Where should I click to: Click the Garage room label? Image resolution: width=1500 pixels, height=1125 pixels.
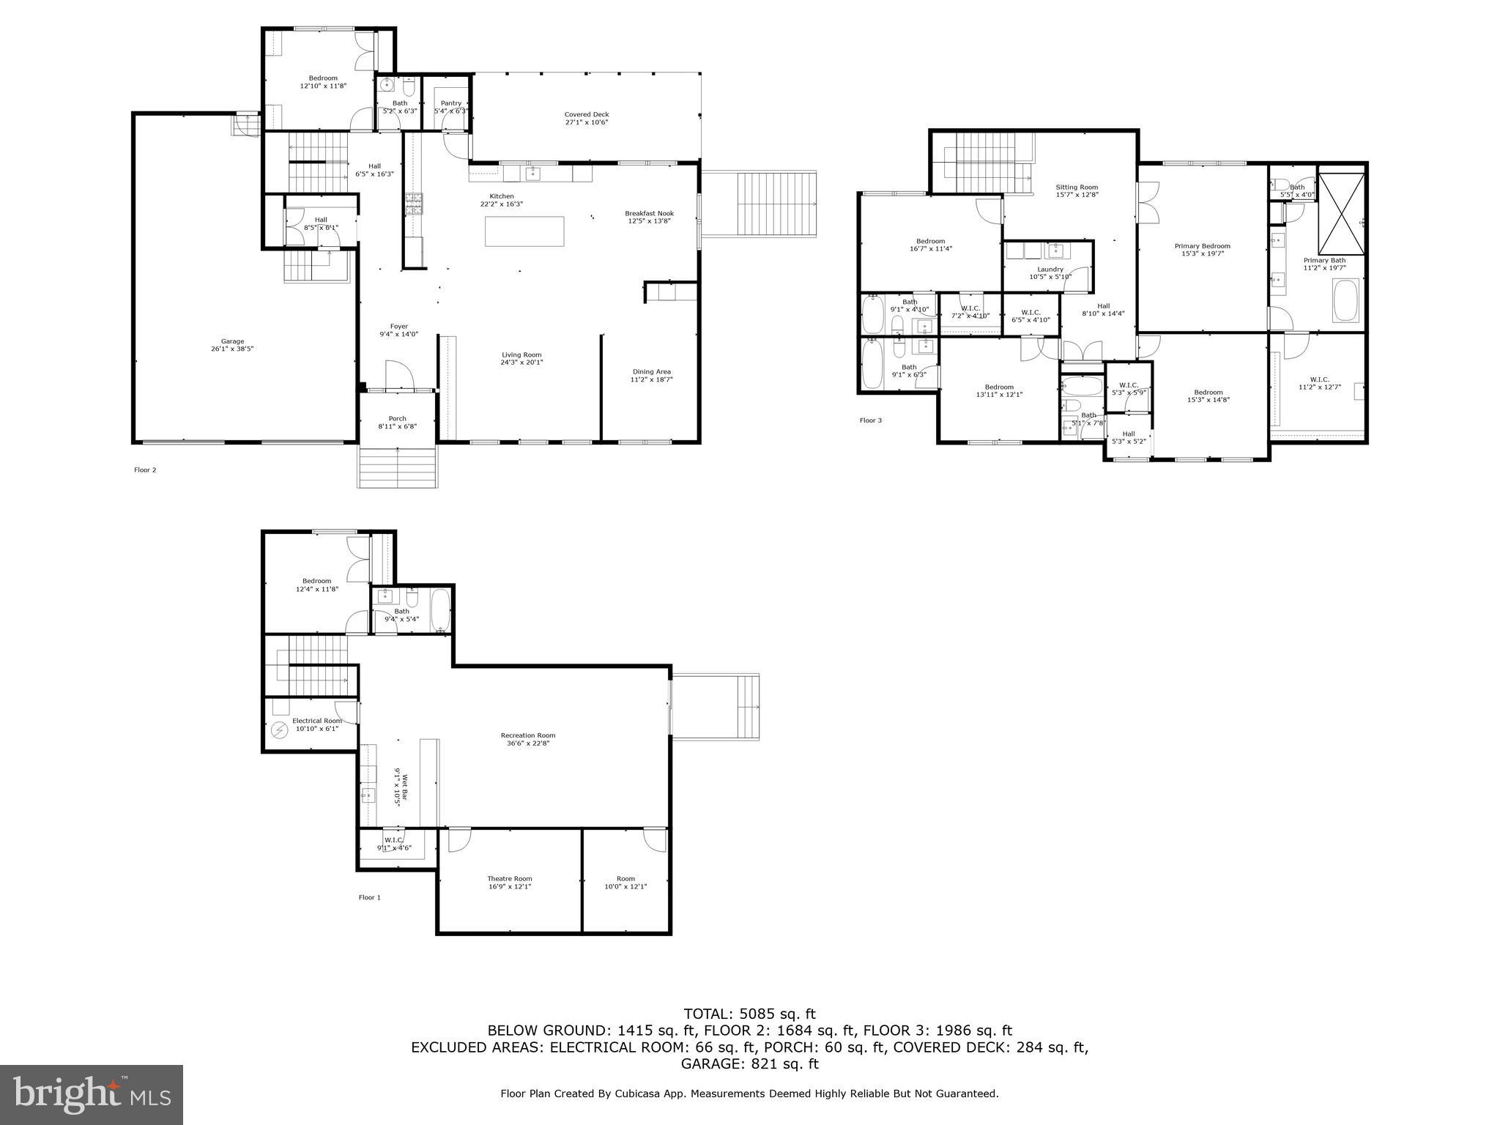pyautogui.click(x=232, y=345)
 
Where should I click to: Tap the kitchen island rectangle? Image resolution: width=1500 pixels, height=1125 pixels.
pyautogui.click(x=524, y=231)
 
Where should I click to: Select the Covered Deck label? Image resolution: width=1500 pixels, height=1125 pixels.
pyautogui.click(x=586, y=118)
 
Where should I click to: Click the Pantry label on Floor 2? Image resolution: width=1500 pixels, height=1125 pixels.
pyautogui.click(x=451, y=107)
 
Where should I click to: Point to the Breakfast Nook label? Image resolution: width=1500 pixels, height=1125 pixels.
pyautogui.click(x=649, y=217)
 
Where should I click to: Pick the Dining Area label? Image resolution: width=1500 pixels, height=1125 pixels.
pyautogui.click(x=651, y=375)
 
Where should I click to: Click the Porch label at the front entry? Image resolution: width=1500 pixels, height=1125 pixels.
pyautogui.click(x=397, y=422)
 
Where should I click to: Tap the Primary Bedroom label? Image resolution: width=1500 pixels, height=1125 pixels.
pyautogui.click(x=1202, y=250)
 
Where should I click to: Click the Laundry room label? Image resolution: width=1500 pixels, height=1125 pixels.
pyautogui.click(x=1050, y=272)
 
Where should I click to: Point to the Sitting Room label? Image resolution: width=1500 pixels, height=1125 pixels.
pyautogui.click(x=1077, y=190)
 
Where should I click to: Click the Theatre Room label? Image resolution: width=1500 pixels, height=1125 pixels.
pyautogui.click(x=510, y=882)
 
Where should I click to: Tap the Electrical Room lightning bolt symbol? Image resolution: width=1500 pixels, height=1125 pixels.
pyautogui.click(x=279, y=729)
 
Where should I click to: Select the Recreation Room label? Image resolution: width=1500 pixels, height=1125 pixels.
pyautogui.click(x=528, y=739)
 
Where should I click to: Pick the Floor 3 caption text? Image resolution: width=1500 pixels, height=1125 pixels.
pyautogui.click(x=870, y=420)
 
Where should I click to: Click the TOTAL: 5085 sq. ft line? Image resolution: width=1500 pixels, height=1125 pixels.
pyautogui.click(x=749, y=1014)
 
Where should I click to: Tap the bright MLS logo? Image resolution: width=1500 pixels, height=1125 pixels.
pyautogui.click(x=92, y=1094)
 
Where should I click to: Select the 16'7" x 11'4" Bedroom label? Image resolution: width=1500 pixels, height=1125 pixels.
pyautogui.click(x=930, y=245)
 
